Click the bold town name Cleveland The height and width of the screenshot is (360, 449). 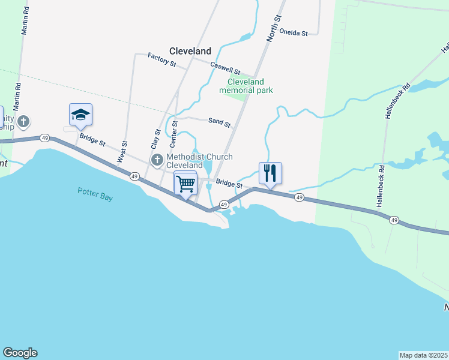tap(190, 51)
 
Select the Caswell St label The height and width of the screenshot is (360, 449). tap(225, 67)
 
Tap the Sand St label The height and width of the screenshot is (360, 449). tap(219, 122)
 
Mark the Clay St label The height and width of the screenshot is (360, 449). tap(155, 139)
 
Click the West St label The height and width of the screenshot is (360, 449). tap(124, 152)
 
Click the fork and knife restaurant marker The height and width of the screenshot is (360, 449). tap(270, 173)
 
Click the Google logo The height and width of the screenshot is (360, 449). tap(20, 353)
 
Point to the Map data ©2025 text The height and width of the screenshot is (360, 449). tap(424, 355)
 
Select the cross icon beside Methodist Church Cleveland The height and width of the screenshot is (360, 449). tap(157, 160)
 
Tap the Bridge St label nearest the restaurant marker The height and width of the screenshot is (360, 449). tap(229, 184)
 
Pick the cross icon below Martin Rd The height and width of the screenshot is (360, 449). tap(23, 122)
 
